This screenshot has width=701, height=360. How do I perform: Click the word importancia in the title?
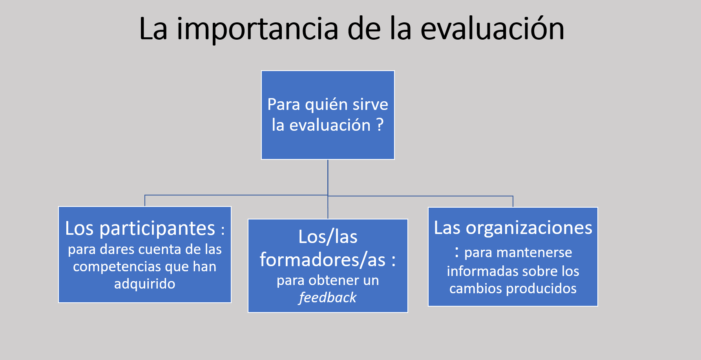257,29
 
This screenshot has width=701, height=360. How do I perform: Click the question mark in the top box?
380,125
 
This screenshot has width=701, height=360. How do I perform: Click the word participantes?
157,229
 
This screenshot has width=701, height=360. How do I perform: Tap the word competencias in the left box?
117,267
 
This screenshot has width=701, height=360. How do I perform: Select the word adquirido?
145,283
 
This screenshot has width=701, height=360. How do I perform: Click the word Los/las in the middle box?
328,237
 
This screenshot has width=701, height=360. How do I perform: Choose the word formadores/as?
323,259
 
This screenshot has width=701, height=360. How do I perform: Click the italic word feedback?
328,298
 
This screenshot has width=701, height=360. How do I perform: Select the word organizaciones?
529,228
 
